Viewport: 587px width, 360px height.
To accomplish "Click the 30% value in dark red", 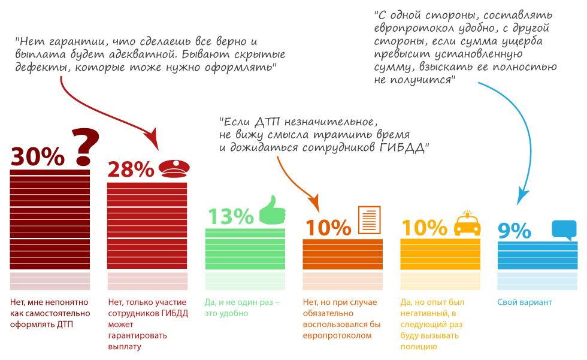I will pos(38,156).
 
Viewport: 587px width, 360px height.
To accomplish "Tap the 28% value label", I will pos(131,170).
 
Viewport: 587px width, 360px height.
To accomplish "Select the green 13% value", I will pos(230,216).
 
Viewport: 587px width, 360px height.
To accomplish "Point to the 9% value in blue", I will pos(515,231).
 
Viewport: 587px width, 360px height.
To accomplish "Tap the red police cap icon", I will pos(173,168).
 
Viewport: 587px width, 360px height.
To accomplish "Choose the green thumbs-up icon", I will pos(272,210).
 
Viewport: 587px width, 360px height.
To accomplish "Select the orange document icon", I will pos(370,220).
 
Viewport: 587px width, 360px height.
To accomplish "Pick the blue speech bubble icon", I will pos(564,229).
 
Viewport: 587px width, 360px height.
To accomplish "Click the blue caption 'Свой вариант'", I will pos(525,302).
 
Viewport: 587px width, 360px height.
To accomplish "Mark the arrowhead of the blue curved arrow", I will pos(522,195).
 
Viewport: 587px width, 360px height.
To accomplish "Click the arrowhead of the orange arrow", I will pos(314,204).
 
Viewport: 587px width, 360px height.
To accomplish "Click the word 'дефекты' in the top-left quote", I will pos(37,68).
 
